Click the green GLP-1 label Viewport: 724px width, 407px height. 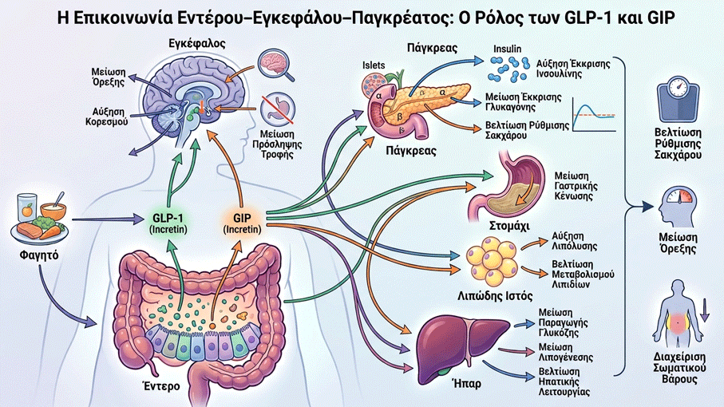[168, 223]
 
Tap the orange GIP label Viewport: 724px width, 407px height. [242, 223]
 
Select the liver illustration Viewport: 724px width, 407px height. [461, 343]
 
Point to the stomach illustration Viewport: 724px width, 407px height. [507, 188]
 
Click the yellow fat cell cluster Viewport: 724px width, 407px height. [491, 261]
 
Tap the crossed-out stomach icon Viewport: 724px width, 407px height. [277, 109]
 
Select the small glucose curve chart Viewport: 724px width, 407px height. [594, 114]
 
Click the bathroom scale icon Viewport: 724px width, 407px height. [678, 100]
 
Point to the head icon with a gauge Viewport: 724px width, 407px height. [678, 206]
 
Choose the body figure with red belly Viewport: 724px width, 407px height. [679, 315]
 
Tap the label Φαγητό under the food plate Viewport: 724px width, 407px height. [39, 255]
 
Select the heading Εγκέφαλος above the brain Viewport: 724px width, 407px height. [197, 44]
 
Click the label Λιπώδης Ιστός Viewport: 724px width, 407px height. [495, 296]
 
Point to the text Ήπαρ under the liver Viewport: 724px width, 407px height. [467, 383]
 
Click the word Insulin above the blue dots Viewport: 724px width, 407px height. [507, 49]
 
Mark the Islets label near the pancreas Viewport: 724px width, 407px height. [374, 65]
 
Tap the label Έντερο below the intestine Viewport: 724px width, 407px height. [161, 385]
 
